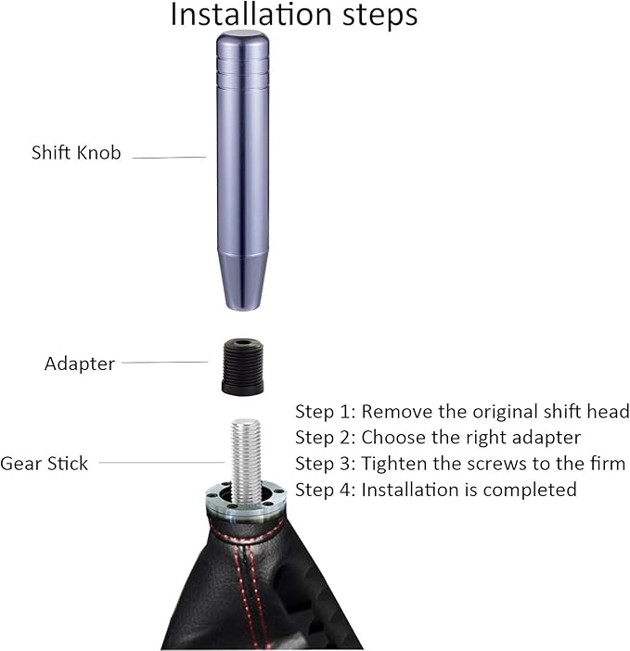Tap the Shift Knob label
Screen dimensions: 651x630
click(x=76, y=153)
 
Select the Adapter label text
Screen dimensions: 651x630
click(x=80, y=364)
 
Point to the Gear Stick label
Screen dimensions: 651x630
click(x=45, y=463)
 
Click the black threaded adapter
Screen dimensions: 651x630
click(x=243, y=367)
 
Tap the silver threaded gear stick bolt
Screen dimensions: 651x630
click(x=246, y=459)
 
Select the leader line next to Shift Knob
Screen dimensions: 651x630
click(x=169, y=158)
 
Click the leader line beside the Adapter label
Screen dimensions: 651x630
click(x=164, y=363)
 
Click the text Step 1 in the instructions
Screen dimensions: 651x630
click(x=324, y=411)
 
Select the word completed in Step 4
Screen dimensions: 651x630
click(x=532, y=489)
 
